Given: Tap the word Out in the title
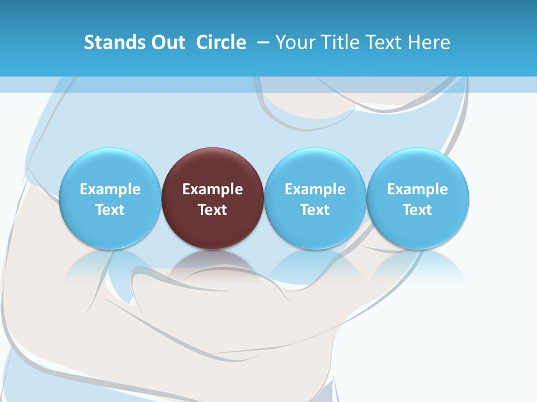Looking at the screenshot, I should click(167, 42).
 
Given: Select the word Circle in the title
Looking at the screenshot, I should click(221, 42).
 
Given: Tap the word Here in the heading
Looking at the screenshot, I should click(428, 42).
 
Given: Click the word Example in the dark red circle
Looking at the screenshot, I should click(213, 189).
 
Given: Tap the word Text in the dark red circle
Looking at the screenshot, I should click(213, 210).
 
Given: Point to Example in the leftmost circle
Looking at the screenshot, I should click(110, 189).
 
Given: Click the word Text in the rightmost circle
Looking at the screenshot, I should click(418, 210).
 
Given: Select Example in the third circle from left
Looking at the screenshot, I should click(315, 189).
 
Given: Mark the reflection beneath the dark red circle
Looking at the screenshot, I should click(213, 265).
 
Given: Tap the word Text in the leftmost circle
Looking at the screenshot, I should click(110, 210).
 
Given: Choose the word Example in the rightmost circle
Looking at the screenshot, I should click(418, 189).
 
